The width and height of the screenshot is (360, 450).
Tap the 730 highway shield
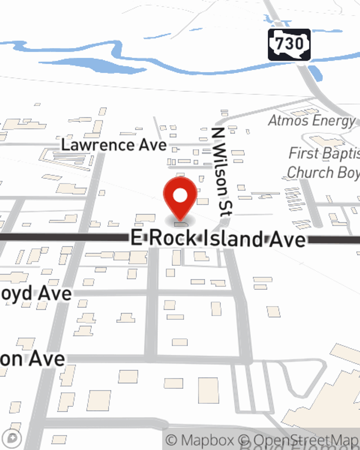click(289, 45)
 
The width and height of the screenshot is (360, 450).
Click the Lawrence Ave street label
click(114, 145)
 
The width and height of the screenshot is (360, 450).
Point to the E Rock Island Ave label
click(218, 239)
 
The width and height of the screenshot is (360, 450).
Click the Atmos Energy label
click(312, 121)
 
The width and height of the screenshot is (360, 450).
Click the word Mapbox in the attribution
click(207, 440)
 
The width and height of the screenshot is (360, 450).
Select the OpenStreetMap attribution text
click(305, 440)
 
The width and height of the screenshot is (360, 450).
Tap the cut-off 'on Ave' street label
click(32, 359)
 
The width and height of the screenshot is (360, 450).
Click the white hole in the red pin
click(180, 196)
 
